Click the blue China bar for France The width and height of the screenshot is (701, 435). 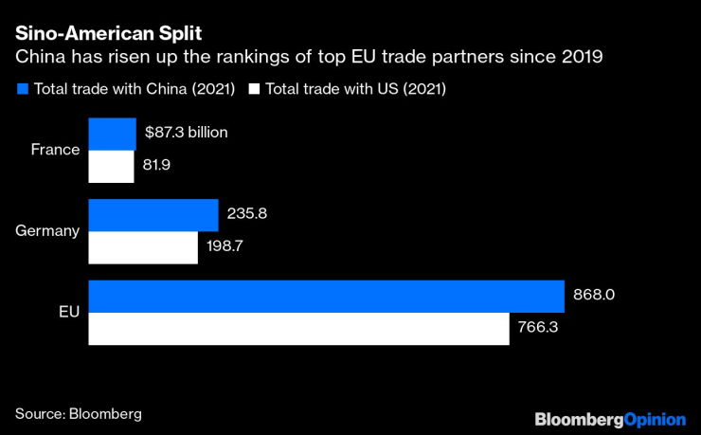point(113,134)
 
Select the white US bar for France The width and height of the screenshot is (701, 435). point(112,166)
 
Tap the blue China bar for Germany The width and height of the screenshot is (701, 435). point(153,214)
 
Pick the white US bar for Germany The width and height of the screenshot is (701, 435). point(143,247)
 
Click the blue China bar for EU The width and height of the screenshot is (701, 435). point(327,296)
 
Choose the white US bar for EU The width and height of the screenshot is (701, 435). point(299,329)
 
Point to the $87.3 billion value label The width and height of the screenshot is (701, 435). point(187,133)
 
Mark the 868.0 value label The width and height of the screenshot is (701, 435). point(595,295)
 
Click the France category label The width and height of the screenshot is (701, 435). point(55,150)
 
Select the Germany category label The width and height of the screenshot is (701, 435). point(47,230)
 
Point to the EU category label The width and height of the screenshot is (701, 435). point(68,312)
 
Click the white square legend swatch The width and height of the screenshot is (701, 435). point(253,89)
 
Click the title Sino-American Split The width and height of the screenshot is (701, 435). point(92,32)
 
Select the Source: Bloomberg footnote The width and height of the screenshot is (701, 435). point(79,413)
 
